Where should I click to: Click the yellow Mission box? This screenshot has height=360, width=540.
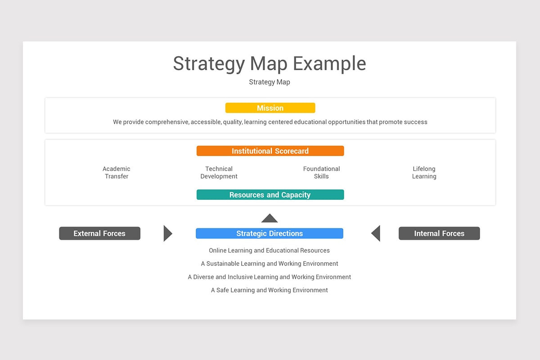tap(270, 108)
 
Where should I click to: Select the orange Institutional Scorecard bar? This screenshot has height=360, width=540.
tap(270, 151)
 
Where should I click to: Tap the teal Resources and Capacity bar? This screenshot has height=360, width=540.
tap(270, 195)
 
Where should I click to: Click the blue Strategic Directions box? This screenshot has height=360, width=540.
tap(270, 234)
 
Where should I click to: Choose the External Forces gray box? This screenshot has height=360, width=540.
tap(99, 234)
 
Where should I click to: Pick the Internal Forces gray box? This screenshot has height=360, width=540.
tap(439, 234)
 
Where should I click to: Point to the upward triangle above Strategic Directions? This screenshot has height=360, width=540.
tap(270, 219)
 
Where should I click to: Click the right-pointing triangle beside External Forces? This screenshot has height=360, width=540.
tap(167, 234)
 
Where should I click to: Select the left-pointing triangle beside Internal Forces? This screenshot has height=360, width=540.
tap(376, 234)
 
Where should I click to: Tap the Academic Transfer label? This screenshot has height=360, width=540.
tap(117, 172)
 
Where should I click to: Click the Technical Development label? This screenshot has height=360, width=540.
tap(219, 172)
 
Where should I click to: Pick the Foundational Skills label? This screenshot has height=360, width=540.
tap(321, 172)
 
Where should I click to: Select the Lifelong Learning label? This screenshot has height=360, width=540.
tap(424, 172)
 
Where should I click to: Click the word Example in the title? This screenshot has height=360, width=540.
tap(329, 63)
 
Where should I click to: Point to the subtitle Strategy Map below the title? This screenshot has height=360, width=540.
tap(270, 82)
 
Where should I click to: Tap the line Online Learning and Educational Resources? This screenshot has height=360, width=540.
tap(269, 250)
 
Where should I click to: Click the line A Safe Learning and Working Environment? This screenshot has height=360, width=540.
tap(269, 290)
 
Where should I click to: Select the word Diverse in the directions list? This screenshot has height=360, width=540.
tap(203, 277)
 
